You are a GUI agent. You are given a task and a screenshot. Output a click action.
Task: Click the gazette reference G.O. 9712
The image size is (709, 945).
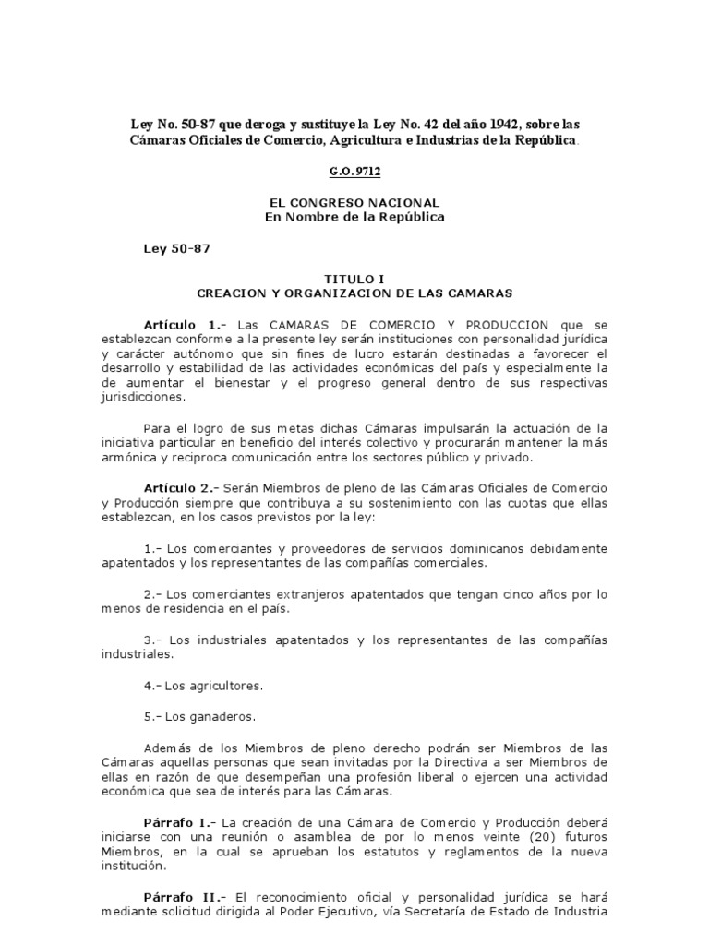(354, 171)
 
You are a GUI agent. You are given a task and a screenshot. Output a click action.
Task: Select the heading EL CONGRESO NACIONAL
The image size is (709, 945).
(354, 202)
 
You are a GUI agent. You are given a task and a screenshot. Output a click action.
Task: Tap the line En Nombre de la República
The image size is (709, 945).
(354, 217)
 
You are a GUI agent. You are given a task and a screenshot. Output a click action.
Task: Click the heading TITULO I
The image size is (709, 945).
(354, 277)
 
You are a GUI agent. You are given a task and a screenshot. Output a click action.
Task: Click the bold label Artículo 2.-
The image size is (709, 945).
(184, 487)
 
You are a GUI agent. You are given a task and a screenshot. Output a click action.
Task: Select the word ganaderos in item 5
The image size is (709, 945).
(210, 716)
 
